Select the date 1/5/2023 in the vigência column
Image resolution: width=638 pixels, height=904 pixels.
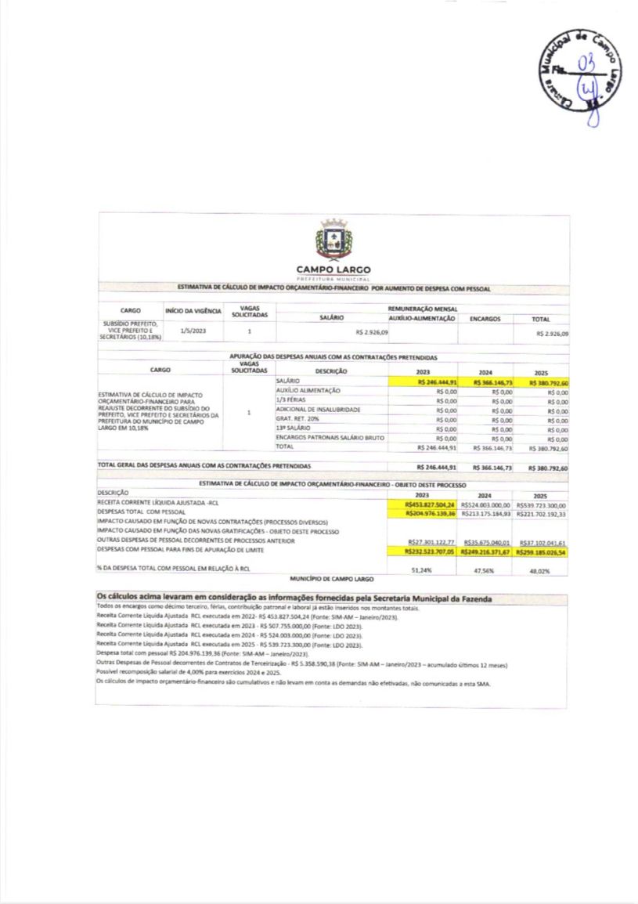(x=193, y=331)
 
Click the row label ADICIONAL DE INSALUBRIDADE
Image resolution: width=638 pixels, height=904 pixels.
(x=318, y=410)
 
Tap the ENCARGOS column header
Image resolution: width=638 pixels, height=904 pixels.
(x=485, y=319)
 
